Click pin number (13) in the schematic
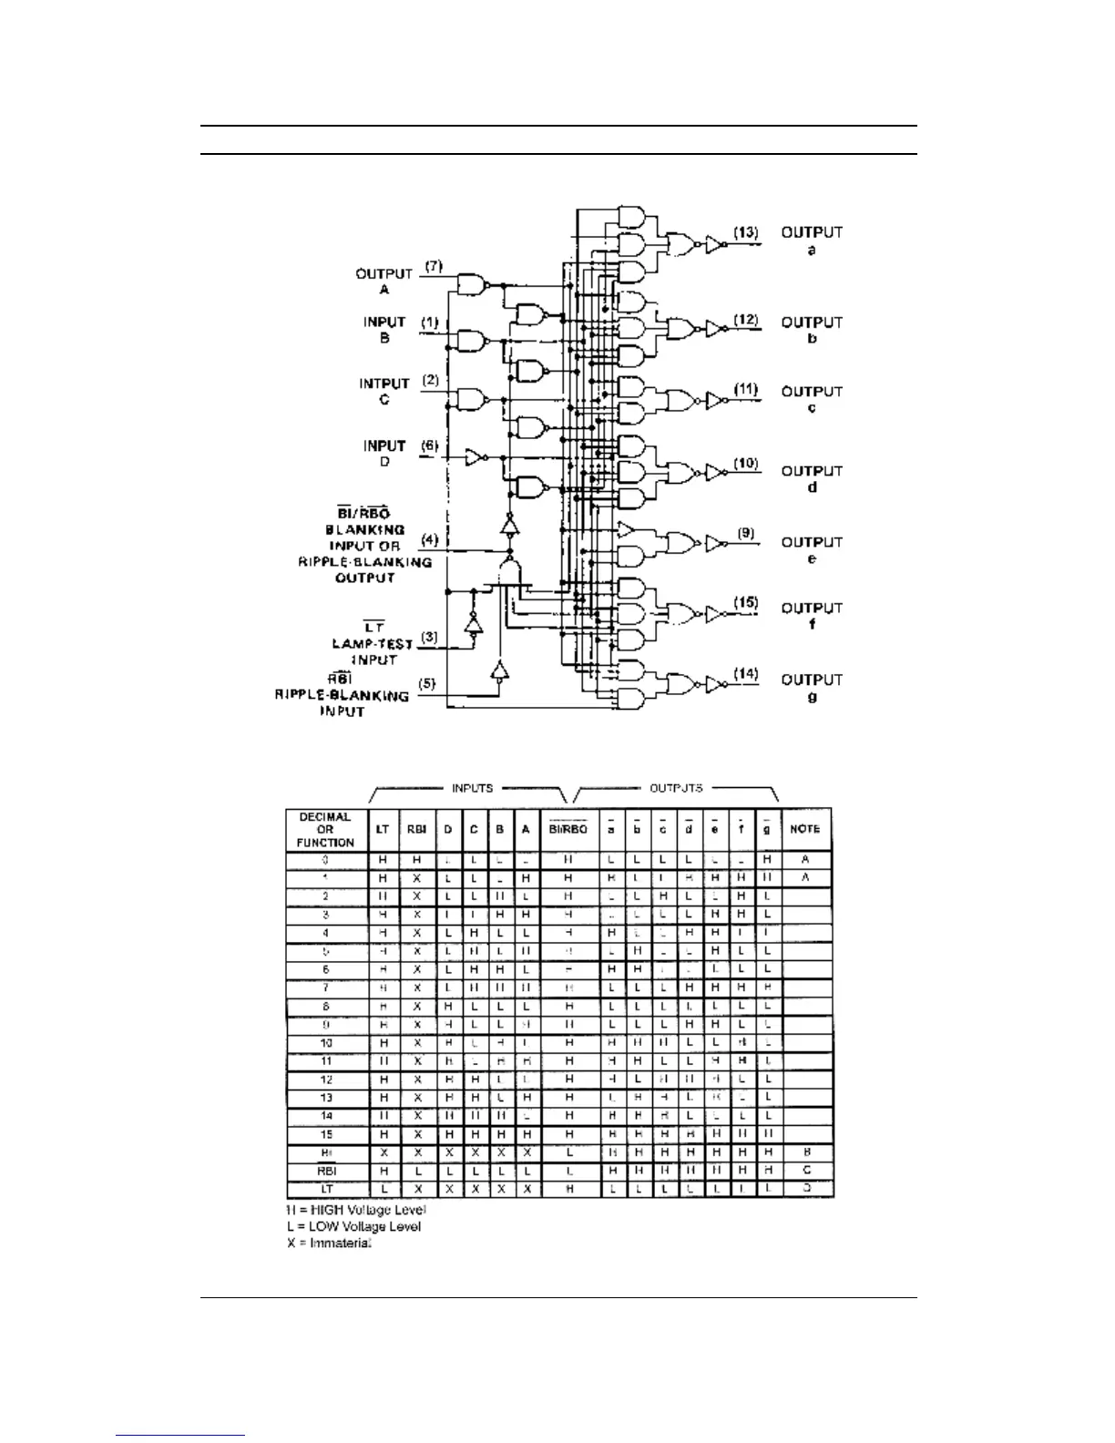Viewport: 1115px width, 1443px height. [x=746, y=233]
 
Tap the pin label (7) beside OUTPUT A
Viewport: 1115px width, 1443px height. [x=433, y=266]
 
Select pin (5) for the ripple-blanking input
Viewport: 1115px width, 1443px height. [x=425, y=683]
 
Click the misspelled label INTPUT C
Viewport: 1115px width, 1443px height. [x=384, y=392]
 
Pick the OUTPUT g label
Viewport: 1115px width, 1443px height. [x=812, y=688]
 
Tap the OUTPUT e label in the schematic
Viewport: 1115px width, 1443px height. [x=812, y=550]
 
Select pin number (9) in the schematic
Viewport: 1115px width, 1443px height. [x=746, y=533]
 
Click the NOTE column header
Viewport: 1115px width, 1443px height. [x=805, y=829]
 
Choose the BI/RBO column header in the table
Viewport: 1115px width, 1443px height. [x=568, y=829]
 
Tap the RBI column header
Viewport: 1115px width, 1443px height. [x=415, y=829]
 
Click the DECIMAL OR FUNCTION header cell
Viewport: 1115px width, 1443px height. [x=325, y=829]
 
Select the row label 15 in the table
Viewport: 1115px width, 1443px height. [x=326, y=1134]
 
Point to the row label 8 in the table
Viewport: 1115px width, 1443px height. [x=326, y=1007]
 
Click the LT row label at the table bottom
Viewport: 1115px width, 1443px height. [x=326, y=1189]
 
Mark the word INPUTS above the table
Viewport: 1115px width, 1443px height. [x=472, y=788]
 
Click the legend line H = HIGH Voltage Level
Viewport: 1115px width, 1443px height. [x=356, y=1210]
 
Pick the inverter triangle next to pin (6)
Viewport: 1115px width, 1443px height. [x=474, y=456]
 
